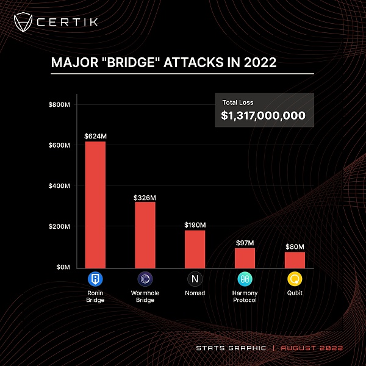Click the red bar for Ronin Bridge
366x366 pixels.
[x=95, y=204]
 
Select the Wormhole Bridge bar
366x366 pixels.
[x=145, y=235]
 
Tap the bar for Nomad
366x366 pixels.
[x=195, y=249]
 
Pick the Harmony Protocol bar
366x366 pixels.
[x=245, y=258]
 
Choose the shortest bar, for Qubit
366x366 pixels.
[x=295, y=260]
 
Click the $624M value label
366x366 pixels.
[x=95, y=135]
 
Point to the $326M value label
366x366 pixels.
[x=145, y=197]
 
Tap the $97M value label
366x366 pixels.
[x=245, y=243]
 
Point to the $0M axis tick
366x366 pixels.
[x=63, y=267]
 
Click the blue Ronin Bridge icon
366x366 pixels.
[x=95, y=279]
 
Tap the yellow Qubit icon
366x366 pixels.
[x=295, y=279]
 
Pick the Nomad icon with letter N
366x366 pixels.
[x=195, y=279]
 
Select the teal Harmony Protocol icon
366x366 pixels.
[x=245, y=279]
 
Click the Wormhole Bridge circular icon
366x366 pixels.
[x=145, y=279]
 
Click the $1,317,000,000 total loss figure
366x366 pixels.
[x=263, y=115]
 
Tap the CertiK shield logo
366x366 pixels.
[x=24, y=23]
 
